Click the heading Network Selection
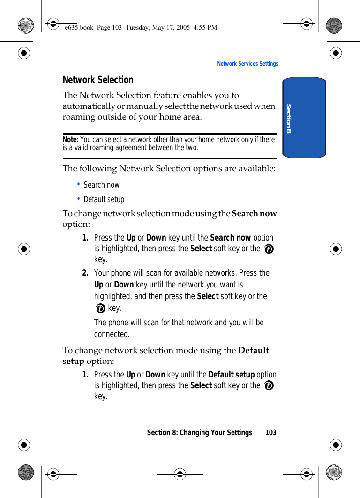(98, 80)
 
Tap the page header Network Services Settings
(247, 64)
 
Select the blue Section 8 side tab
(304, 118)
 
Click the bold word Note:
(71, 140)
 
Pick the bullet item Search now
(101, 185)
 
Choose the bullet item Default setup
(104, 199)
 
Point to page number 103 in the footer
(270, 432)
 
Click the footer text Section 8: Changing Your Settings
(199, 432)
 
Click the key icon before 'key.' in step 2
(100, 309)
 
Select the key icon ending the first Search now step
(269, 249)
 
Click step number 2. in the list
(86, 273)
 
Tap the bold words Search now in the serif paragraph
(254, 213)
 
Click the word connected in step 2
(112, 334)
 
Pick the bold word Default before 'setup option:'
(254, 350)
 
